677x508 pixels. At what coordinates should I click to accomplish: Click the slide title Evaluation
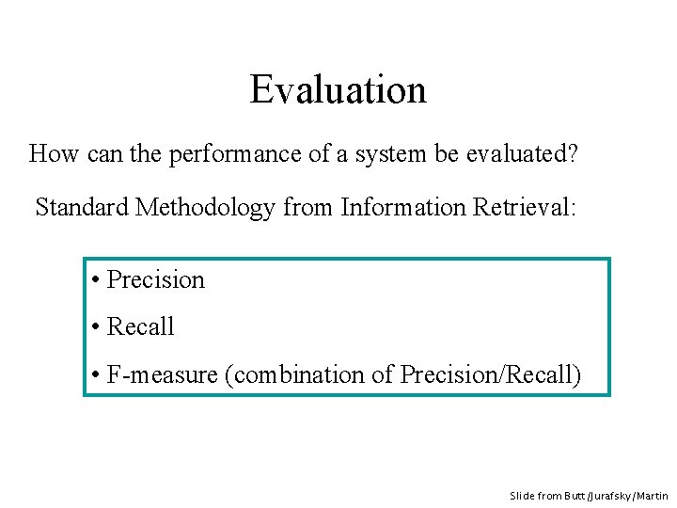pos(338,89)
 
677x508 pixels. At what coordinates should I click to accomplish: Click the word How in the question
pos(54,153)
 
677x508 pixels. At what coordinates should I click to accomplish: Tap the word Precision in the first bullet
pos(155,279)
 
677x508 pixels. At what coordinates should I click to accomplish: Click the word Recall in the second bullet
pos(141,326)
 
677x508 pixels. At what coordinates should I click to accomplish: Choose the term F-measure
pos(163,374)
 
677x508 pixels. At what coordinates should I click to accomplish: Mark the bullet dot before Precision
pos(97,280)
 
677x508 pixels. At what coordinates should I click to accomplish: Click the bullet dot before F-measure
pos(97,375)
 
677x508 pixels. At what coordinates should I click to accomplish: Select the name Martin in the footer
pos(654,495)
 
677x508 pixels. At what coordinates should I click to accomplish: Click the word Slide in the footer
pos(522,495)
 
